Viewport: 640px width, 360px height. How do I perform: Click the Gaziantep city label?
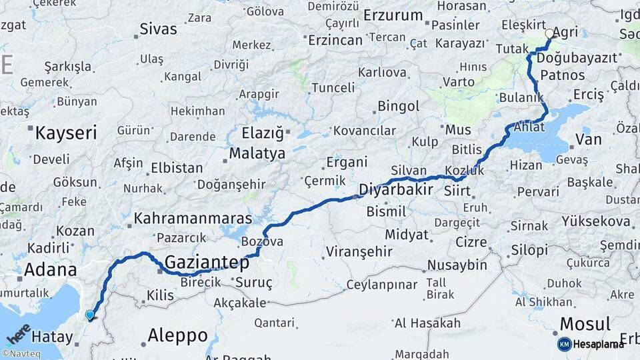207,262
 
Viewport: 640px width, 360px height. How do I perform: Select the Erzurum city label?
393,15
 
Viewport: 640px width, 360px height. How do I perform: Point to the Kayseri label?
66,132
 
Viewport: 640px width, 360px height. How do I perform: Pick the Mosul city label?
585,325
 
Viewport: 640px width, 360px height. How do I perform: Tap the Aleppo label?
177,335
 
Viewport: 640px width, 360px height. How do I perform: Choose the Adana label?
50,270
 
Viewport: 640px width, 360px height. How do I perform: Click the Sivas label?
159,29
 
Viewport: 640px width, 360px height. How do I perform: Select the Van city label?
588,139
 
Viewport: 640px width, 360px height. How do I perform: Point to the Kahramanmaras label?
193,218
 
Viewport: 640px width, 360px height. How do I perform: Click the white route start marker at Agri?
549,33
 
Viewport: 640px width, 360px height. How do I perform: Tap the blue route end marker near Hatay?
90,315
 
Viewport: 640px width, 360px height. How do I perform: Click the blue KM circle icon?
564,344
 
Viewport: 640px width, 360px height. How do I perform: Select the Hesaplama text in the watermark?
599,344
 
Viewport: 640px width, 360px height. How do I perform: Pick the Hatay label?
51,336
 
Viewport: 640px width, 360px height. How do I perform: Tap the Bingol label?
398,106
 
